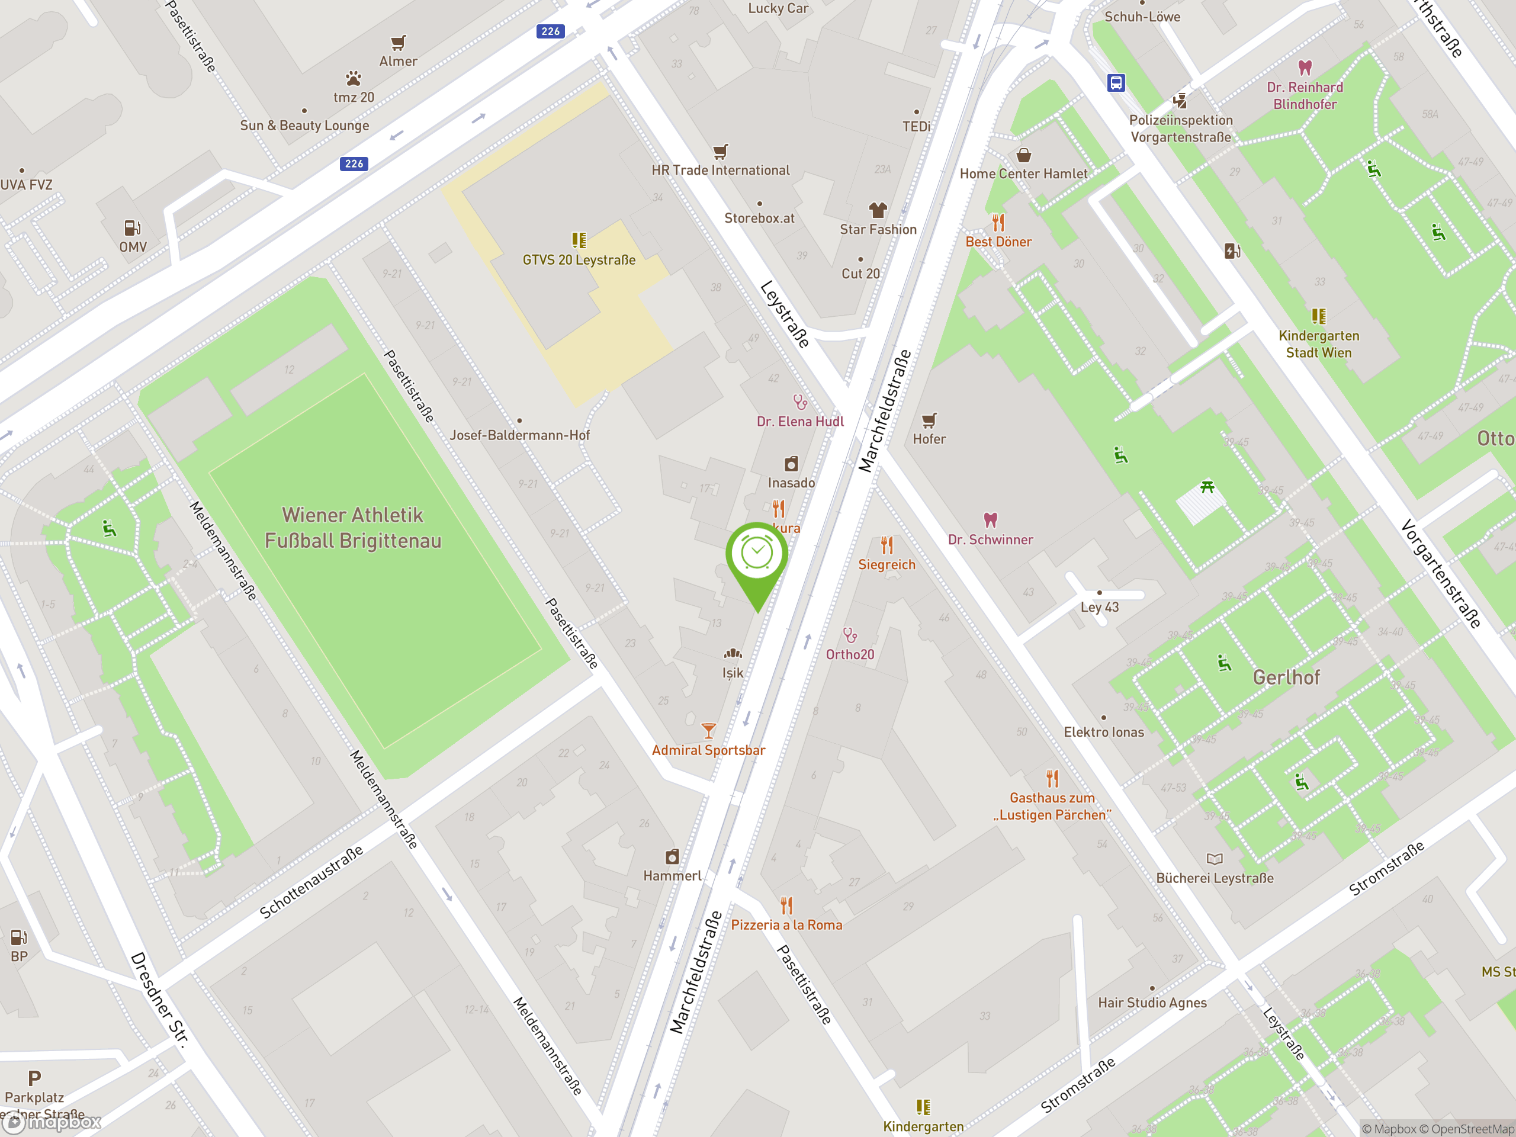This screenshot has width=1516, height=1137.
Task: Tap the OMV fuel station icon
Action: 132,227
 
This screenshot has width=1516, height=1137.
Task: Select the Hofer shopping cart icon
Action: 929,420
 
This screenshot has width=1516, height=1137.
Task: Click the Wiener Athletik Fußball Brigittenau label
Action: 353,528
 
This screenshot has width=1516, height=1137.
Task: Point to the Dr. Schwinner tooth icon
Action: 990,519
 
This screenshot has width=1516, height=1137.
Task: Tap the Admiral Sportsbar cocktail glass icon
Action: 709,731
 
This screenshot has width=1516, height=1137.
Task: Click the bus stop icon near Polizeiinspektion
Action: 1116,83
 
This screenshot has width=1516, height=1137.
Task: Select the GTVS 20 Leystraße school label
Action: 579,261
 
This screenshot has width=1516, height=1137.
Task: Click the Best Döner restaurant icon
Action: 998,222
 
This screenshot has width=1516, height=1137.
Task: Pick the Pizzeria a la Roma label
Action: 786,925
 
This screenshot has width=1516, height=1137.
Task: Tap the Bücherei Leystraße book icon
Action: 1215,859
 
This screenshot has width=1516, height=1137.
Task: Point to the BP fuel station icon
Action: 18,937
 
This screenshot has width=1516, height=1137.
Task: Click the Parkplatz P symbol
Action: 34,1078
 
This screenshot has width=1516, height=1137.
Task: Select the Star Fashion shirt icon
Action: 878,210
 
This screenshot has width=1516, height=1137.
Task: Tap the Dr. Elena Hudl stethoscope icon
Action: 800,402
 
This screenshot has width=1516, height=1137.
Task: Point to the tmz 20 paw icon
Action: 354,78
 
